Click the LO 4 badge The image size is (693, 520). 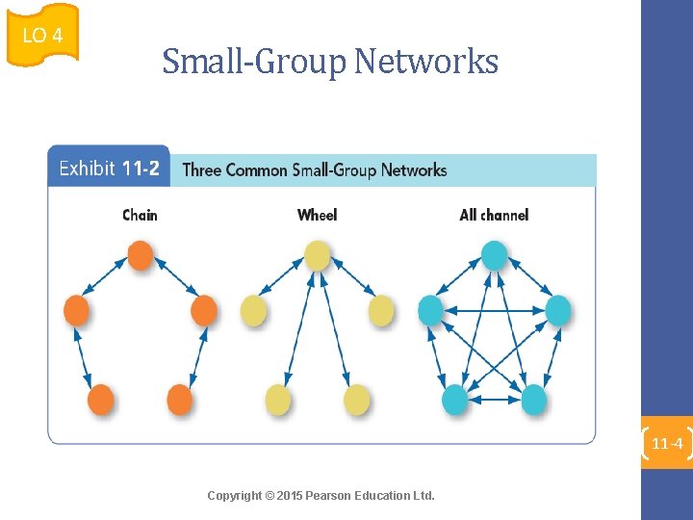click(42, 35)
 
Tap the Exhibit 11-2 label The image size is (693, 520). click(109, 169)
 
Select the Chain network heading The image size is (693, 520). click(140, 215)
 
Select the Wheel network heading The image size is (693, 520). click(317, 215)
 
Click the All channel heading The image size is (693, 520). click(494, 215)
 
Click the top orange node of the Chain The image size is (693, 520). click(140, 255)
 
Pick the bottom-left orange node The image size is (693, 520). click(101, 399)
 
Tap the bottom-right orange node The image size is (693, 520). click(180, 399)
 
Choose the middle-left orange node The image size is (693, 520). click(76, 311)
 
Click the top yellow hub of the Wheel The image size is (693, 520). click(317, 255)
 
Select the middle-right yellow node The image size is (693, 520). click(381, 311)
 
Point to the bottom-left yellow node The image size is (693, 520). click(278, 399)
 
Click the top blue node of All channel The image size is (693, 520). click(494, 255)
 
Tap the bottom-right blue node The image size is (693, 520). click(533, 399)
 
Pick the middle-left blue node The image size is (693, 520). click(430, 310)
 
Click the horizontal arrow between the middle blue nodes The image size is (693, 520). click(495, 310)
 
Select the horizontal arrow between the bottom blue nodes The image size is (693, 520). click(494, 400)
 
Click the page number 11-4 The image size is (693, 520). click(667, 444)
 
